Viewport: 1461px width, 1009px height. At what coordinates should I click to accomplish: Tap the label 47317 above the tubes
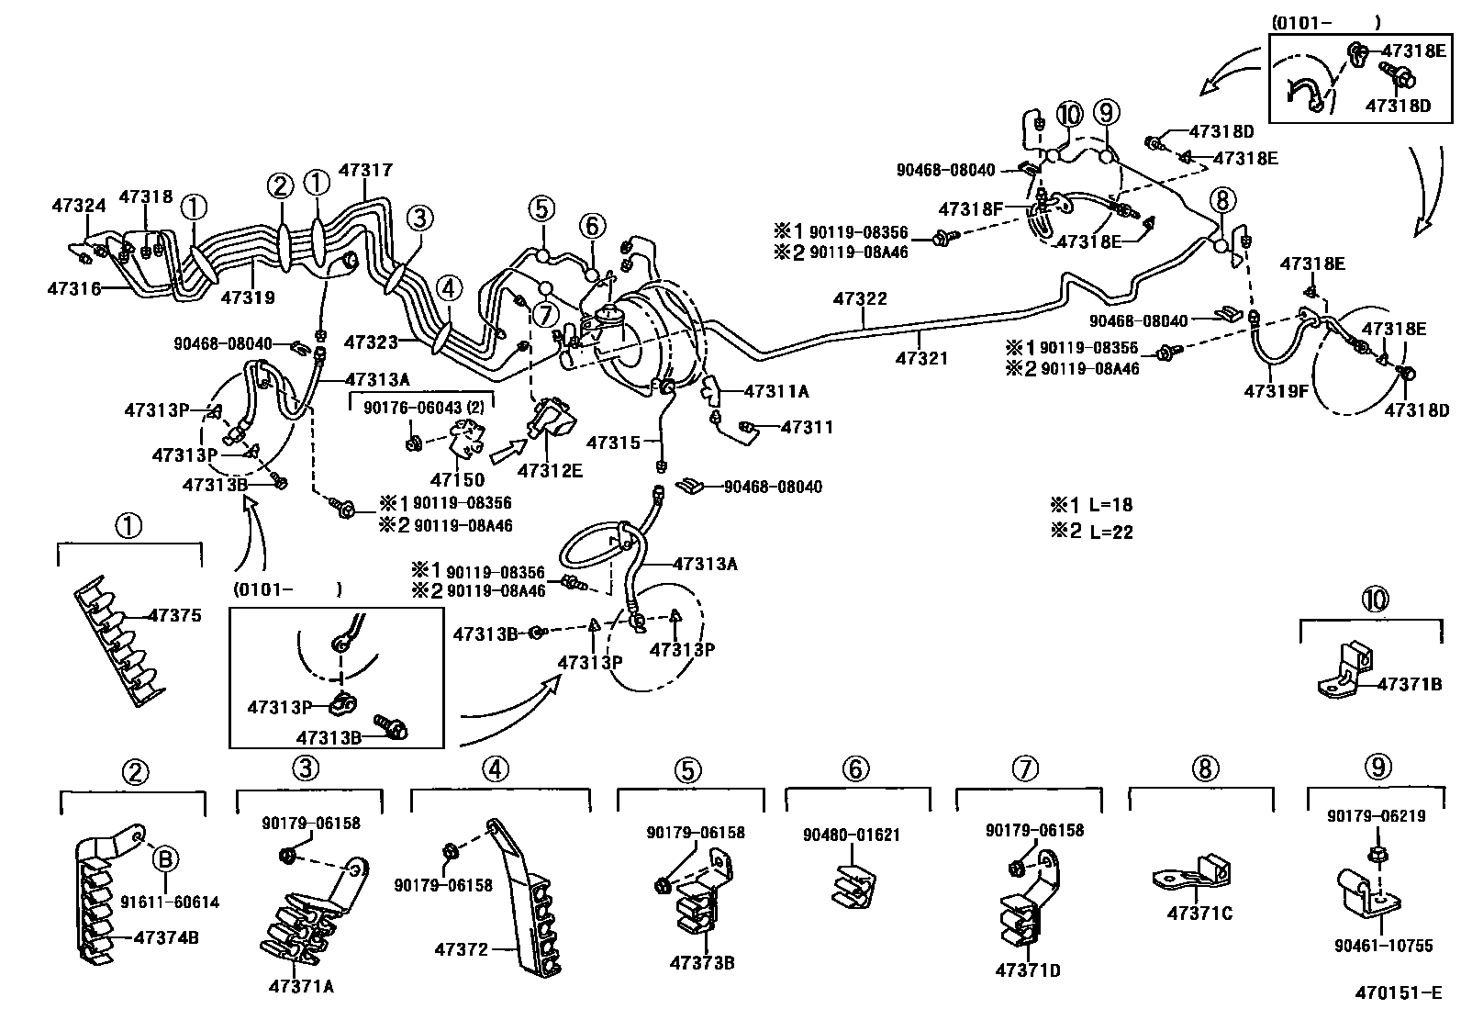pyautogui.click(x=365, y=170)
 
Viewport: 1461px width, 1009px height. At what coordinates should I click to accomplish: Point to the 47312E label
pyautogui.click(x=550, y=470)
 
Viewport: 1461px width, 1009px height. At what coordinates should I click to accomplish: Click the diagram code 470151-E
pyautogui.click(x=1399, y=992)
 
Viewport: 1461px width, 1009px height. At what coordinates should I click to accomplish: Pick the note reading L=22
pyautogui.click(x=1092, y=533)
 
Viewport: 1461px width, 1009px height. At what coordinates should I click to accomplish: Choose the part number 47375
pyautogui.click(x=174, y=616)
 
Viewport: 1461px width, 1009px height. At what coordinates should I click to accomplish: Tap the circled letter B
pyautogui.click(x=165, y=859)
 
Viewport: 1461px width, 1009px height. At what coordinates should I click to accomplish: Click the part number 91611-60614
pyautogui.click(x=170, y=902)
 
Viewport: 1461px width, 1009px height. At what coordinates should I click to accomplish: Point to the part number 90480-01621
pyautogui.click(x=852, y=835)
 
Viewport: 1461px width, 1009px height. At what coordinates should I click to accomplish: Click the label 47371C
pyautogui.click(x=1199, y=914)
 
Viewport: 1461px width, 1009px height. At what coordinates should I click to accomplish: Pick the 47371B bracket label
pyautogui.click(x=1410, y=684)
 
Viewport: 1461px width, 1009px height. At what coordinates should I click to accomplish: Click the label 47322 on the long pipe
pyautogui.click(x=860, y=297)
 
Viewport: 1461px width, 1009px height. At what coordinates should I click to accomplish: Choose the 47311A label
pyautogui.click(x=776, y=391)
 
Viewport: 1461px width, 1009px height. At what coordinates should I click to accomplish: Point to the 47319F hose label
pyautogui.click(x=1277, y=391)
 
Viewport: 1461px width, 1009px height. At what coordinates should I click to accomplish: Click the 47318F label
pyautogui.click(x=970, y=209)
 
